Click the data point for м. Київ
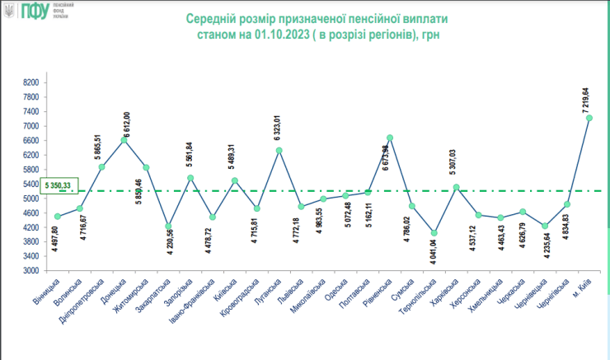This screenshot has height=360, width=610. click(x=589, y=118)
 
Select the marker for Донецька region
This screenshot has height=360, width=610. click(x=124, y=140)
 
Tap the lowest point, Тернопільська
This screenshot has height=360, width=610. click(x=434, y=233)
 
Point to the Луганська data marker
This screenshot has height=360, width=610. click(x=279, y=150)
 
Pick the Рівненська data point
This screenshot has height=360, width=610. click(x=390, y=138)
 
